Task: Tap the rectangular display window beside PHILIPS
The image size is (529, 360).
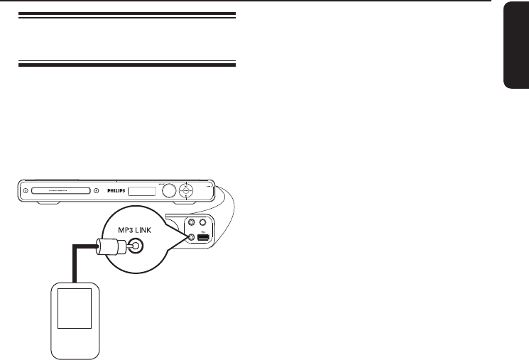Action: (x=145, y=190)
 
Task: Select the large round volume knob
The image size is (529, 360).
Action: (x=168, y=190)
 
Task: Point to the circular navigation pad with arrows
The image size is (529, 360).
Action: (x=187, y=190)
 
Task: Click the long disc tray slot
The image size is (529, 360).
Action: (x=58, y=190)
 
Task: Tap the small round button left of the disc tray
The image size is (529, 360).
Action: (x=25, y=190)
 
